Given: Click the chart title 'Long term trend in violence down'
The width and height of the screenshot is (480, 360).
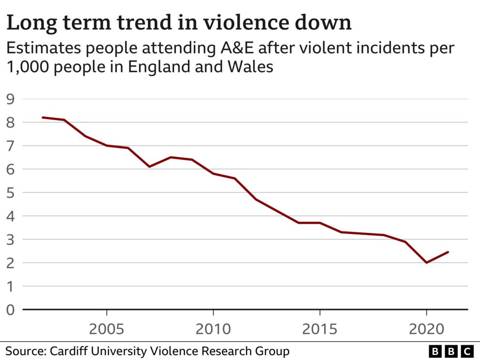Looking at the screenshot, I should click(x=179, y=23).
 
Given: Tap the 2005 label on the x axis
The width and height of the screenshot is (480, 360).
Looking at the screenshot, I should click(x=107, y=329).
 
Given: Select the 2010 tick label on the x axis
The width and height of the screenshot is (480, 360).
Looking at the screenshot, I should click(x=213, y=329).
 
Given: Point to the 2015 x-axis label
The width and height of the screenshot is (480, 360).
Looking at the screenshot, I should click(x=320, y=329).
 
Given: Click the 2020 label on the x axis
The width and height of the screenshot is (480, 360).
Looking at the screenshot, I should click(x=426, y=329).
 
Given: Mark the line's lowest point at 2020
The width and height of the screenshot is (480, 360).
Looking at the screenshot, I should click(x=426, y=263).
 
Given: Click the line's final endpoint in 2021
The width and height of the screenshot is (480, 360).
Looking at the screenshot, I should click(x=448, y=252).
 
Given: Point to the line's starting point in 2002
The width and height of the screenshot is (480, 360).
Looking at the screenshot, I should click(x=43, y=118).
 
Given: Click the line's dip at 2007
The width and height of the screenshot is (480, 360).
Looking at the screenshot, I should click(x=150, y=167).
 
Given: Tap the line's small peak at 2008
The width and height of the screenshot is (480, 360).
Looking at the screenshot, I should click(x=171, y=157).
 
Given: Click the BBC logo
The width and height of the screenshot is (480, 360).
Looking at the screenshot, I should click(x=450, y=351).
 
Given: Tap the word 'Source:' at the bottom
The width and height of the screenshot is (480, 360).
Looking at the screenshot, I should click(x=25, y=351).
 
